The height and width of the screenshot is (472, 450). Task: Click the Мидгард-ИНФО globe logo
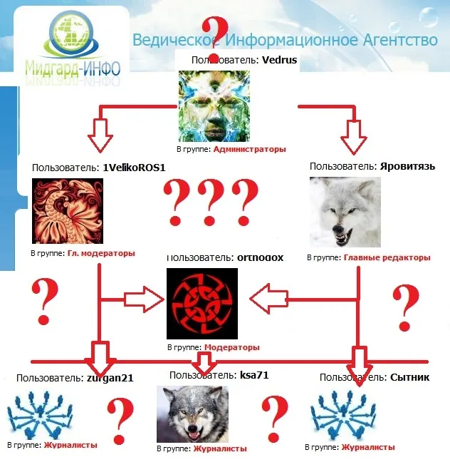pos(70,39)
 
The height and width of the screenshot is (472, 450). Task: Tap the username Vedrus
pos(280,60)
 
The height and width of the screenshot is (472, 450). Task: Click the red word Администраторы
pos(249,150)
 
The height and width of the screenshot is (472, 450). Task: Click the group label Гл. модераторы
pos(101,253)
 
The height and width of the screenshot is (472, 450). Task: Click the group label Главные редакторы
pos(387,257)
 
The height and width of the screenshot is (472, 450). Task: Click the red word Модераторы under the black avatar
pos(231,347)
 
